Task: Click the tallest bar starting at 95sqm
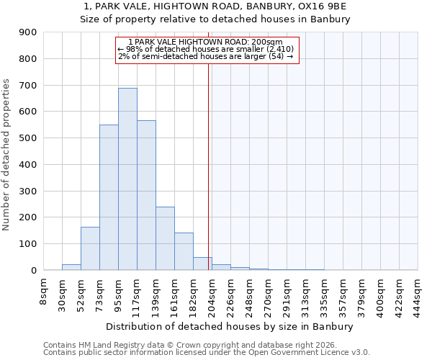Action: [127, 179]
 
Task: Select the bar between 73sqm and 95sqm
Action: [109, 197]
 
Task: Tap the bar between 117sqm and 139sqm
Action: [146, 195]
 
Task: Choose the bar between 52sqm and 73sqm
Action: [90, 248]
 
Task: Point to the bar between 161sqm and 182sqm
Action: [184, 251]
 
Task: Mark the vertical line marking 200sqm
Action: [209, 166]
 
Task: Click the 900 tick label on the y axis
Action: [28, 32]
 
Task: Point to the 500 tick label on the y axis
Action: [28, 138]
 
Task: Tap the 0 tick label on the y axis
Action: [33, 270]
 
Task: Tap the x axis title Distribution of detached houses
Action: [230, 327]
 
